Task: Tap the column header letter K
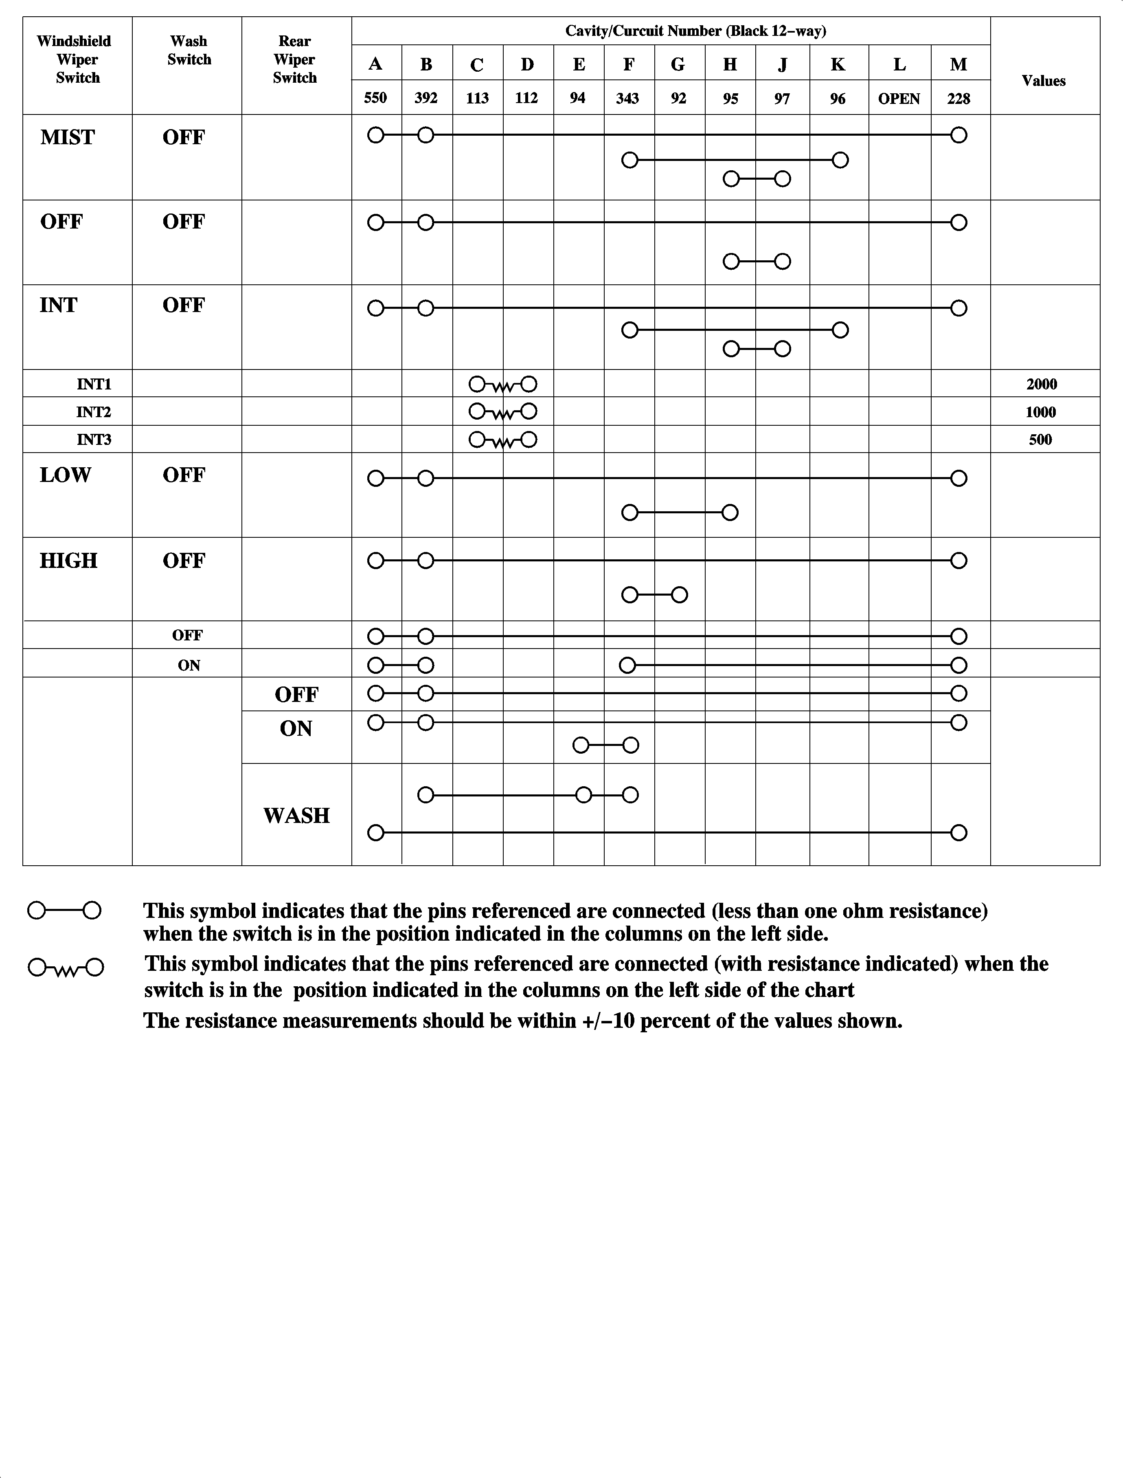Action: (x=838, y=64)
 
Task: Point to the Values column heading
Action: (x=1044, y=81)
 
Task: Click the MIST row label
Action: (x=68, y=137)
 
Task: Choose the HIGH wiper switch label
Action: (x=68, y=561)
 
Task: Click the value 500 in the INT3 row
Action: (x=1040, y=440)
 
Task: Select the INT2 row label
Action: (x=94, y=412)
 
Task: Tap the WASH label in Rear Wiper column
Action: (x=296, y=815)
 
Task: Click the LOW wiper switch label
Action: (x=65, y=475)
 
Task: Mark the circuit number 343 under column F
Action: (x=628, y=98)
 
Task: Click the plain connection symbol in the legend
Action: (x=64, y=910)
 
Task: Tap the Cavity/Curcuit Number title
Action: (x=695, y=31)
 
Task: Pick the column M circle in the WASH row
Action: (x=958, y=833)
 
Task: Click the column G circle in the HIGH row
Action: (x=679, y=594)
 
